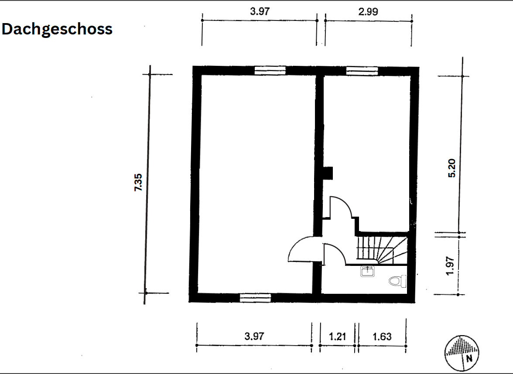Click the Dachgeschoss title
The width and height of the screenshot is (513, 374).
pyautogui.click(x=57, y=29)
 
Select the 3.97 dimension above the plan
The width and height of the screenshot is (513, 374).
pyautogui.click(x=260, y=12)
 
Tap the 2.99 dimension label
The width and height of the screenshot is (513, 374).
pyautogui.click(x=368, y=12)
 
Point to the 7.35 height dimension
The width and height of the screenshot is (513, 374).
pyautogui.click(x=138, y=183)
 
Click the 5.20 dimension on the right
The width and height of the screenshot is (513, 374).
pyautogui.click(x=452, y=168)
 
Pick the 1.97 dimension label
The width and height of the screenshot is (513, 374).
pyautogui.click(x=451, y=265)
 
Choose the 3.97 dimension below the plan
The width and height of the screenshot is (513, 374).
pyautogui.click(x=254, y=337)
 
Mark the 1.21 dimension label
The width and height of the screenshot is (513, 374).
pyautogui.click(x=337, y=337)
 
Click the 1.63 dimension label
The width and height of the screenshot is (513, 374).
pyautogui.click(x=382, y=337)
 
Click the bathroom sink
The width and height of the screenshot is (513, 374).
pyautogui.click(x=367, y=272)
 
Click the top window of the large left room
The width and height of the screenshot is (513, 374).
pyautogui.click(x=270, y=71)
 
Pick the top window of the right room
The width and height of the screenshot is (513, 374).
pyautogui.click(x=362, y=71)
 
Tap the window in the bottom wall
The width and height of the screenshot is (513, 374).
pyautogui.click(x=255, y=298)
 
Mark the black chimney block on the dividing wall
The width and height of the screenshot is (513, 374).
pyautogui.click(x=328, y=173)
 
